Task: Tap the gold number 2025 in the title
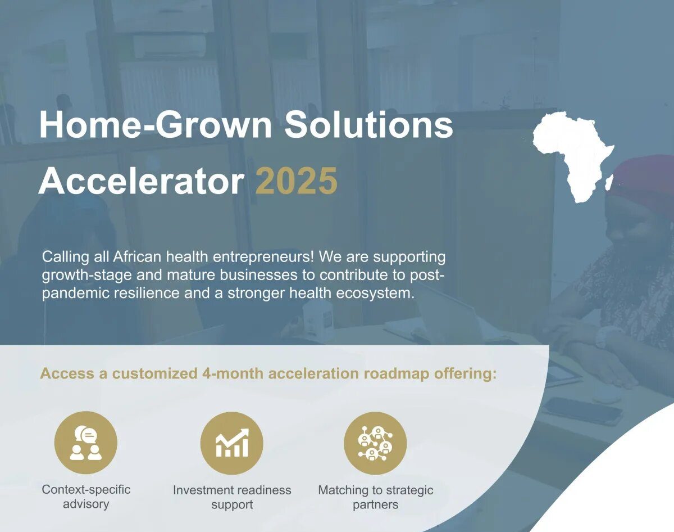click(x=297, y=181)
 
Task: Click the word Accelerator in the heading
click(x=141, y=181)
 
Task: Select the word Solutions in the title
click(x=368, y=124)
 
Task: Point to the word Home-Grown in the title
click(x=156, y=124)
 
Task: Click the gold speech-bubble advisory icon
click(x=86, y=443)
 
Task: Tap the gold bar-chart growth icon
click(x=232, y=443)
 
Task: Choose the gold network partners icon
click(x=375, y=443)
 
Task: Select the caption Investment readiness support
click(x=232, y=497)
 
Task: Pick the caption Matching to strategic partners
click(x=376, y=497)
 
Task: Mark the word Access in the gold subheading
click(x=67, y=373)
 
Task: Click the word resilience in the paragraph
click(x=147, y=294)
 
